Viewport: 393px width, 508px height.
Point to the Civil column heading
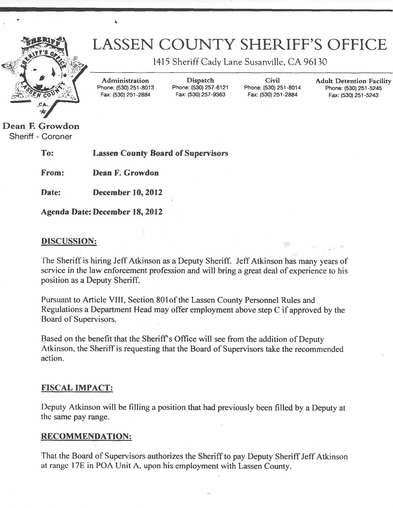point(272,80)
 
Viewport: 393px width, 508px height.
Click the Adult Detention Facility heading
point(353,81)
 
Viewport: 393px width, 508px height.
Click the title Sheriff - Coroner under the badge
point(41,136)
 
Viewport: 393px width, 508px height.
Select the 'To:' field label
point(47,153)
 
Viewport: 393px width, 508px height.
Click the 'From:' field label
point(52,173)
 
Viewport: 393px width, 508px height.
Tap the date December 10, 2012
point(127,192)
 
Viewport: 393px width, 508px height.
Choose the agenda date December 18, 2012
point(127,212)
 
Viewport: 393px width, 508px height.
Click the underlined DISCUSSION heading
point(69,241)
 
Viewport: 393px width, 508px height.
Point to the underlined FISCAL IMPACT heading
point(77,388)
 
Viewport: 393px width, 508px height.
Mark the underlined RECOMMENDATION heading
point(86,436)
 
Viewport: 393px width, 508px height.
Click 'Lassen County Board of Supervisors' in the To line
point(160,153)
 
